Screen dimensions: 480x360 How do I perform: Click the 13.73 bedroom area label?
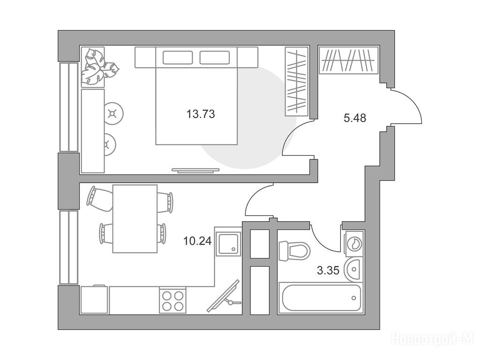pos(201,114)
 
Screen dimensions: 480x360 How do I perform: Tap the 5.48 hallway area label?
pos(355,118)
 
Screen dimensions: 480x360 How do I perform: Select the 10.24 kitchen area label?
pos(197,241)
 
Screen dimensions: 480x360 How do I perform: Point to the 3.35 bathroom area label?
pos(328,270)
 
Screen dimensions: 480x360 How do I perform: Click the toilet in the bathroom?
pos(294,251)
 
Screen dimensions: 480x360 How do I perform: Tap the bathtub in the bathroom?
pos(321,298)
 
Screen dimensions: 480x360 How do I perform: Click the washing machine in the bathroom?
pos(354,243)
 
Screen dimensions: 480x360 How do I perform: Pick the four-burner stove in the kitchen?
pos(173,300)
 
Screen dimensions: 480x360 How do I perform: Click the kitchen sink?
pos(228,244)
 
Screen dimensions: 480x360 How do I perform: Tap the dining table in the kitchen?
pos(135,218)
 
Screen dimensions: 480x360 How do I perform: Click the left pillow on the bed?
pos(178,58)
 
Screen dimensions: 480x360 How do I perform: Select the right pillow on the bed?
pos(215,58)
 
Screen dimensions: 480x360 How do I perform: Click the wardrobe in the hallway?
pos(349,60)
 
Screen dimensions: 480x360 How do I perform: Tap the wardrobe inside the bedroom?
pos(297,82)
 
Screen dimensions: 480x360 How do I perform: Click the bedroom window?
pos(69,107)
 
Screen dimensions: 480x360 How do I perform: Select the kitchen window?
pos(69,247)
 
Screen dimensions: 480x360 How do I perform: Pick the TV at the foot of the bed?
pos(195,171)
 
